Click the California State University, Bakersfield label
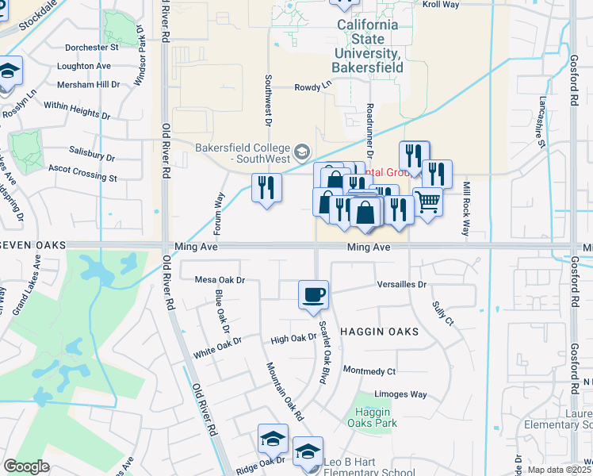pyautogui.click(x=368, y=46)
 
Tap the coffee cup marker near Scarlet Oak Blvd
pyautogui.click(x=313, y=294)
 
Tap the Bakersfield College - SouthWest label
pyautogui.click(x=243, y=154)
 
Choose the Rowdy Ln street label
pyautogui.click(x=312, y=87)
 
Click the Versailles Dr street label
pyautogui.click(x=402, y=284)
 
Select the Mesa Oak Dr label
pyautogui.click(x=220, y=280)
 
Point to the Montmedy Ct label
pyautogui.click(x=369, y=371)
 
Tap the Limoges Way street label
pyautogui.click(x=400, y=394)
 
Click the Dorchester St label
pyautogui.click(x=92, y=48)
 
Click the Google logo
pyautogui.click(x=26, y=466)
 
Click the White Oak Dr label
pyautogui.click(x=216, y=346)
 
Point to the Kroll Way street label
pyautogui.click(x=442, y=5)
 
